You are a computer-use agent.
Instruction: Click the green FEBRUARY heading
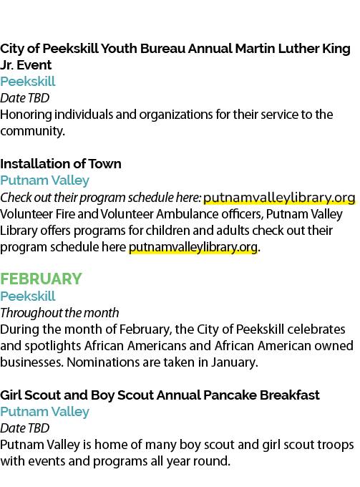[x=41, y=279]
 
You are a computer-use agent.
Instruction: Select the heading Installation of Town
[x=61, y=164]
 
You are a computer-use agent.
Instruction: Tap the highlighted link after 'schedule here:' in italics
[x=279, y=198]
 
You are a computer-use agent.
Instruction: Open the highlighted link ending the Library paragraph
[x=193, y=247]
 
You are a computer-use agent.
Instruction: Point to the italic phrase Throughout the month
[x=59, y=313]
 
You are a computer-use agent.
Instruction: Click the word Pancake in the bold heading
[x=230, y=395]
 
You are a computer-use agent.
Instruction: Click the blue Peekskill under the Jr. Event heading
[x=28, y=82]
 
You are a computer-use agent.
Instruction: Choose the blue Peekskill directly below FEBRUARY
[x=28, y=296]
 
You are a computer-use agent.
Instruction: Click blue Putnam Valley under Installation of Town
[x=45, y=180]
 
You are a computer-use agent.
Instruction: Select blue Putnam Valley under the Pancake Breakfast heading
[x=45, y=412]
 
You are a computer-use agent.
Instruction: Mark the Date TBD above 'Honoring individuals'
[x=25, y=98]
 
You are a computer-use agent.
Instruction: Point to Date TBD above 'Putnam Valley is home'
[x=25, y=428]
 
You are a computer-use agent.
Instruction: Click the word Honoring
[x=26, y=115]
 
